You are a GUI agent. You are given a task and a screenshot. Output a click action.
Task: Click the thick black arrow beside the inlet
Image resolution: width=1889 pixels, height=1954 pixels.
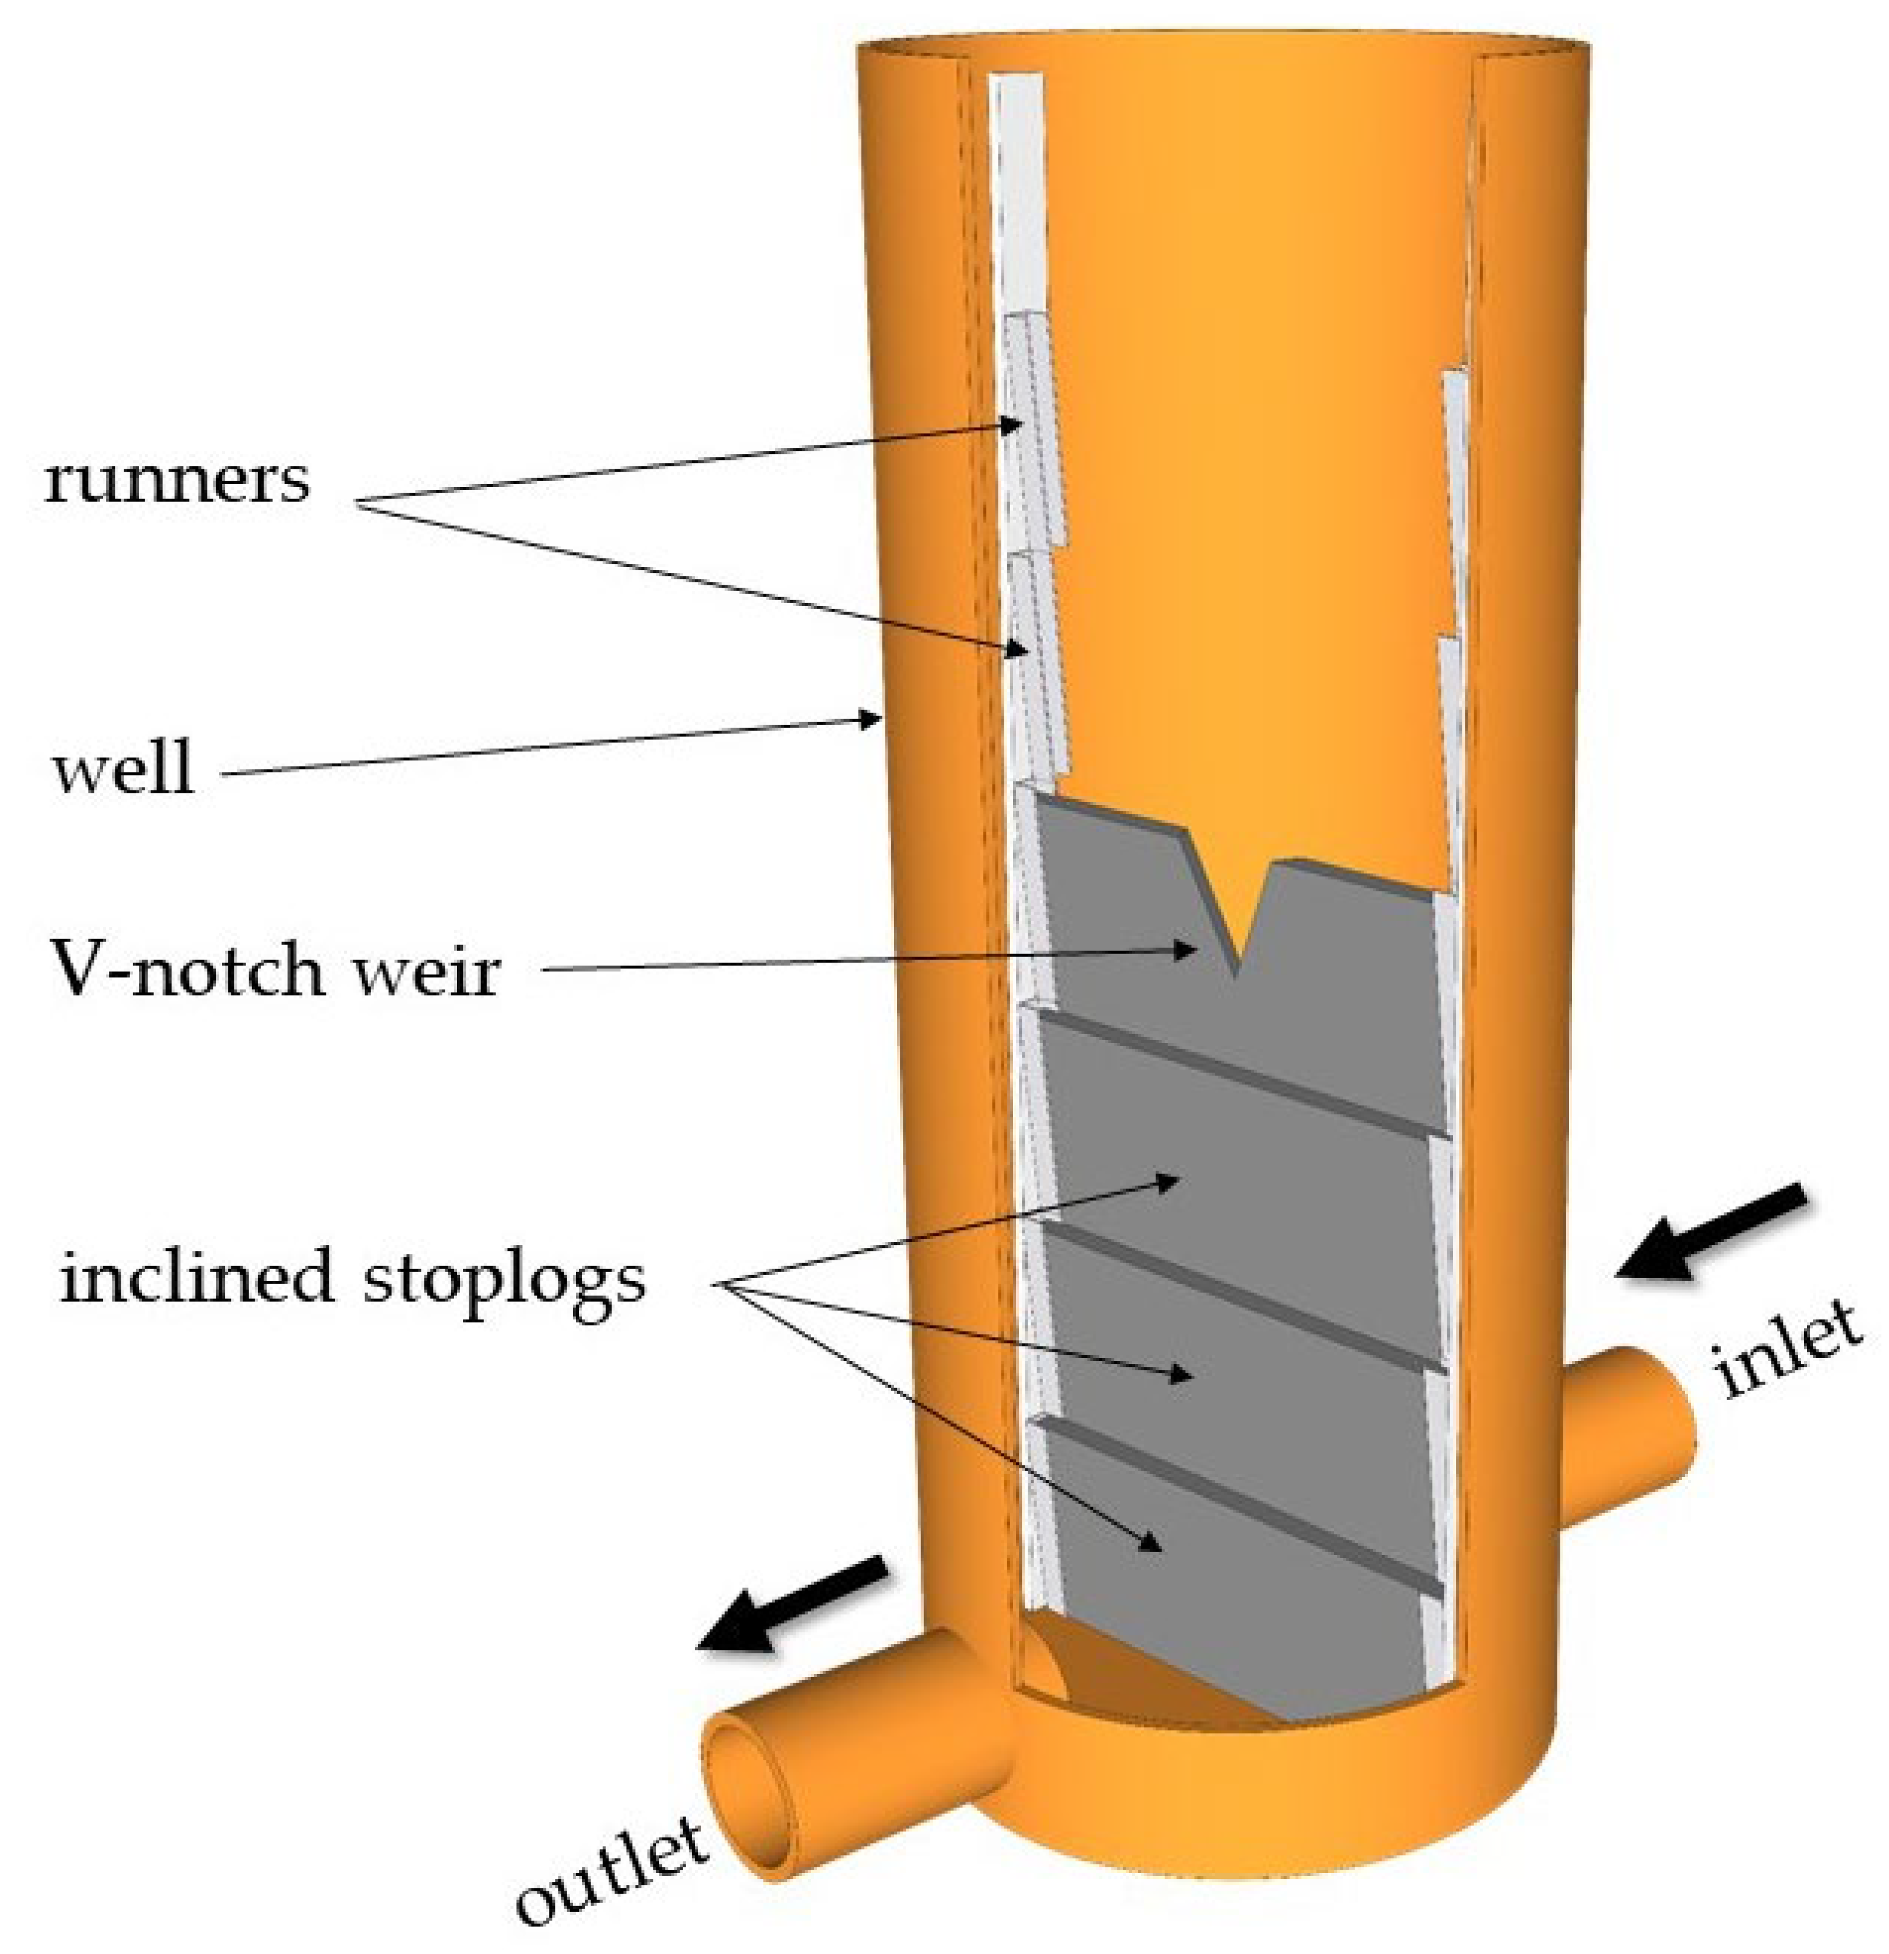tap(1710, 1233)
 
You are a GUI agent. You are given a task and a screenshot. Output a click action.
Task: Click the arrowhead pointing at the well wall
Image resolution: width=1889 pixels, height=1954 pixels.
tap(870, 718)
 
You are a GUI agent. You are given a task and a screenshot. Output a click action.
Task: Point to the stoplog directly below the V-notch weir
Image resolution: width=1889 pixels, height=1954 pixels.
tap(1236, 1147)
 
